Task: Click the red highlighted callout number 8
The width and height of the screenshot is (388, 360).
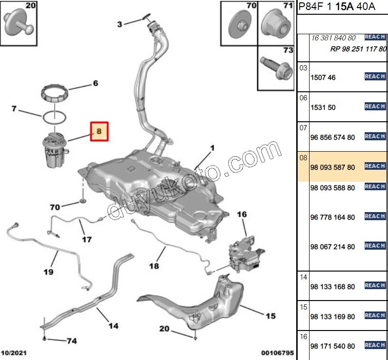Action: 99,132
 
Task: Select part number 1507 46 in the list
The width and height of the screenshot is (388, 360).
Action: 323,78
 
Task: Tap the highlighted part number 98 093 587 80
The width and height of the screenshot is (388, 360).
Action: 332,167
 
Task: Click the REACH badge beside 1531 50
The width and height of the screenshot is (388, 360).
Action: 375,107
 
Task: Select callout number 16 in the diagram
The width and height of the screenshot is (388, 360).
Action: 242,214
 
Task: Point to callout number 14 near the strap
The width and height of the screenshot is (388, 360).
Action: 113,326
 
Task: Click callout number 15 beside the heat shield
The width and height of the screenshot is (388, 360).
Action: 270,316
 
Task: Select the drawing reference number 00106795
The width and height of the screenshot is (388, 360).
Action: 277,353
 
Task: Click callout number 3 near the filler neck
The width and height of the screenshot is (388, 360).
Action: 120,24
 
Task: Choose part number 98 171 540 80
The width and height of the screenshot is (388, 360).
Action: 332,346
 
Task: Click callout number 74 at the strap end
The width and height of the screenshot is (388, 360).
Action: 71,341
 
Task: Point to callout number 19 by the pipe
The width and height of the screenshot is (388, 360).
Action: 48,272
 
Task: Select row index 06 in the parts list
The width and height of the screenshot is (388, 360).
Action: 303,97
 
